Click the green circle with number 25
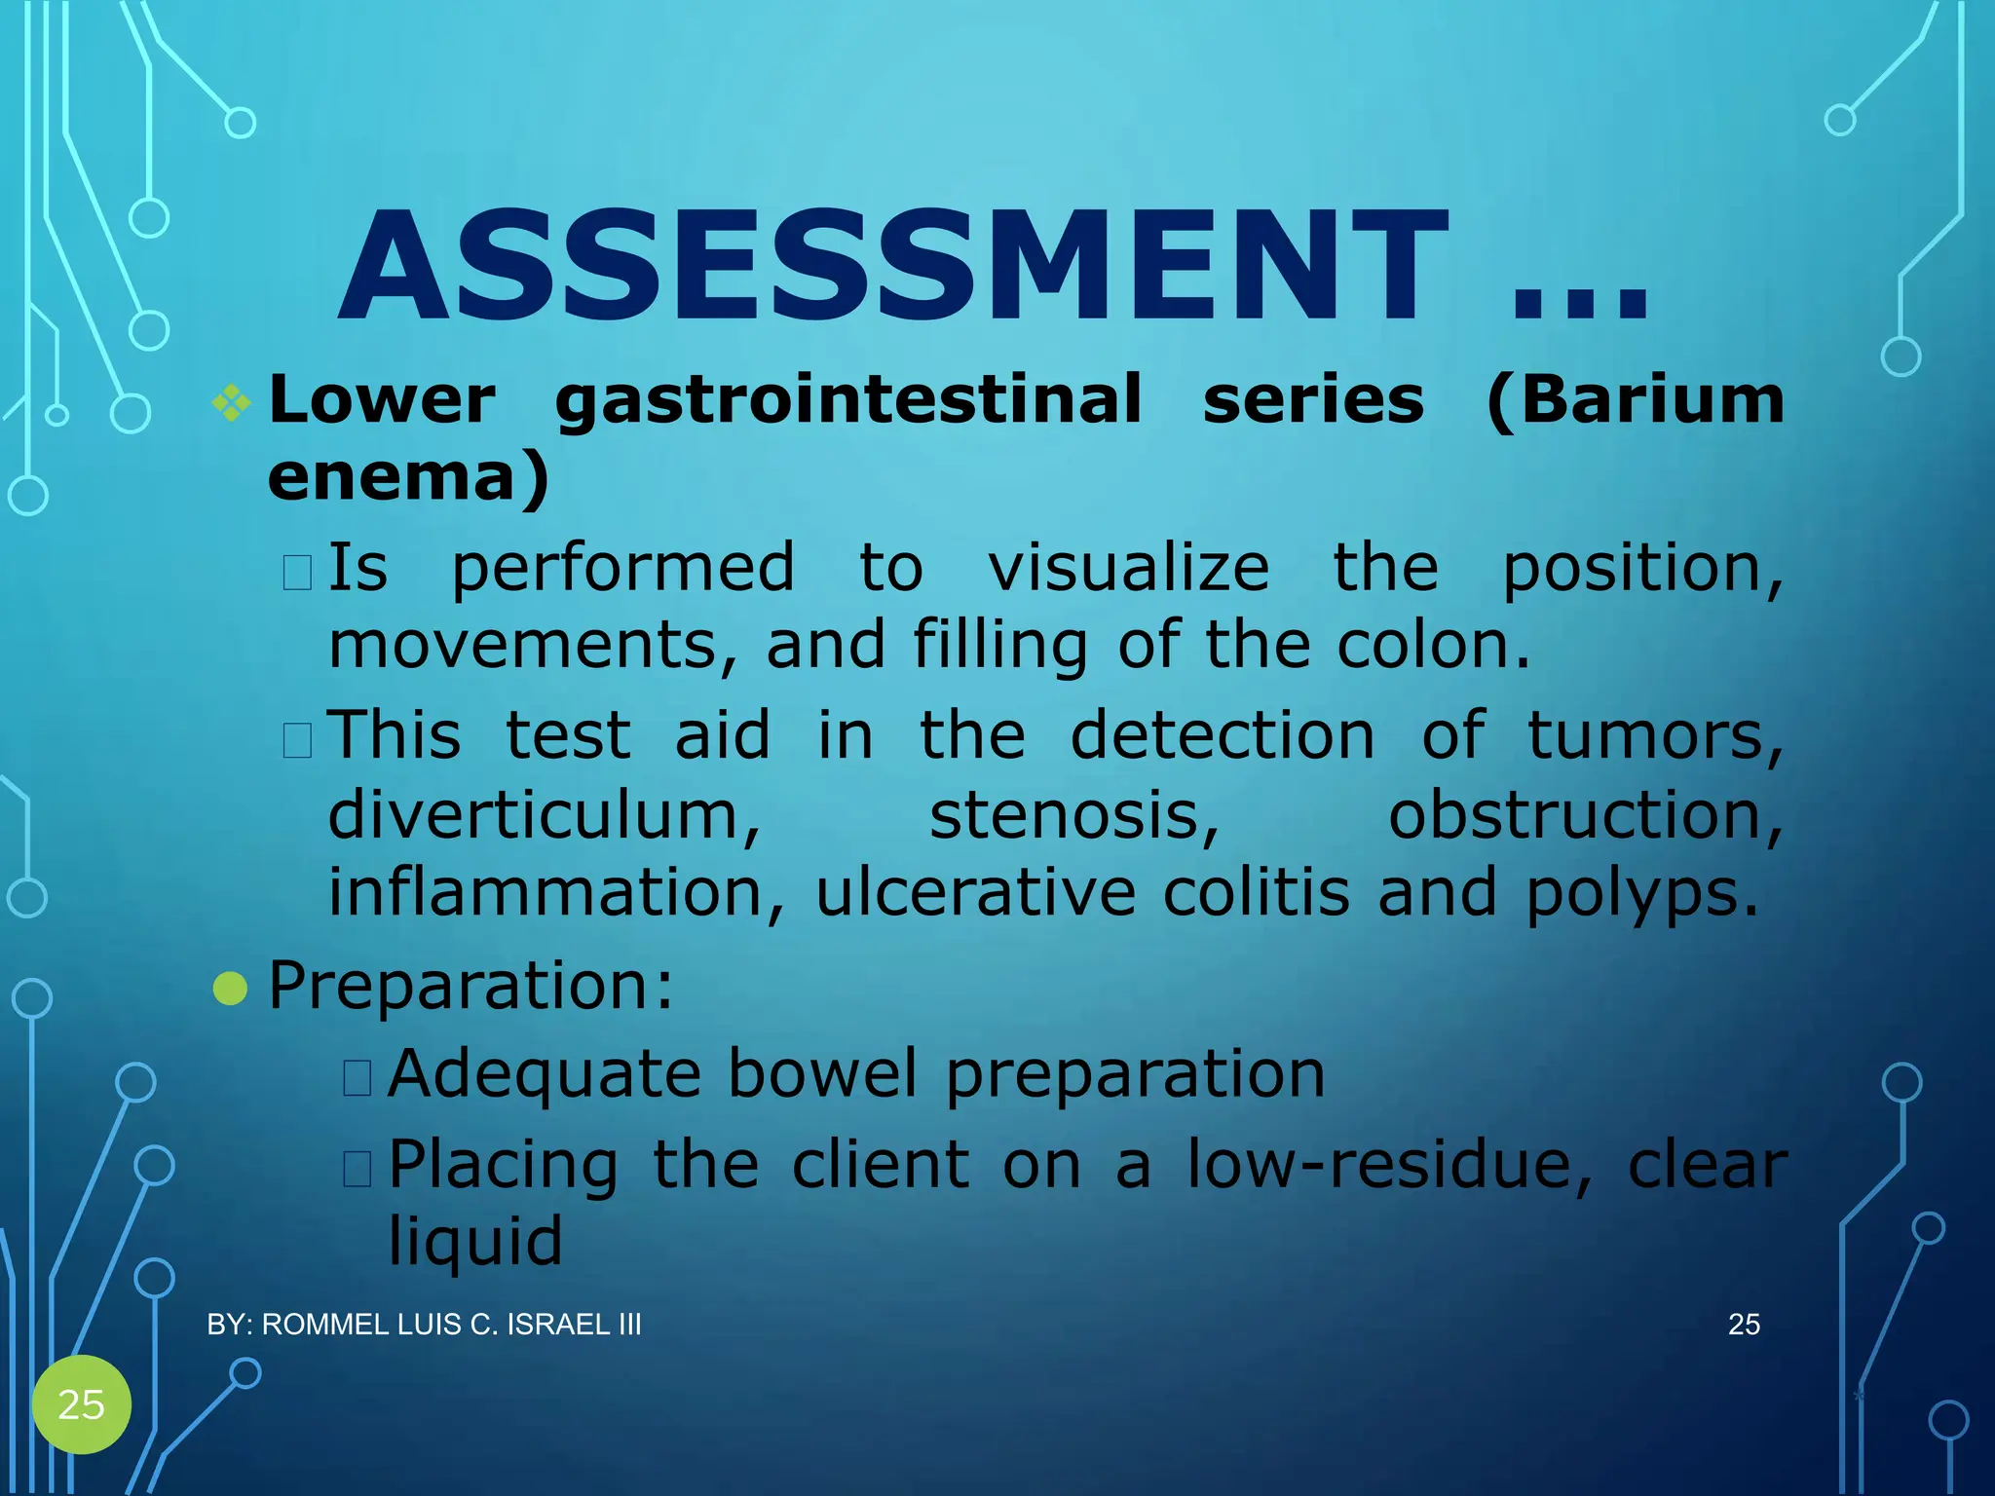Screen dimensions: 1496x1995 coord(82,1404)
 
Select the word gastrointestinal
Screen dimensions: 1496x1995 coord(848,401)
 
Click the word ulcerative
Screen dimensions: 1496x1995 coord(975,892)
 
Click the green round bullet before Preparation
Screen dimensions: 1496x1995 coord(230,988)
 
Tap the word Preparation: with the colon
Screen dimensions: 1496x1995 coord(471,986)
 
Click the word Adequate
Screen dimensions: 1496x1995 coord(545,1075)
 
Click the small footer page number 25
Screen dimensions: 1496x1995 coord(1744,1325)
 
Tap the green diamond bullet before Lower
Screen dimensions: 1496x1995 coord(232,401)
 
